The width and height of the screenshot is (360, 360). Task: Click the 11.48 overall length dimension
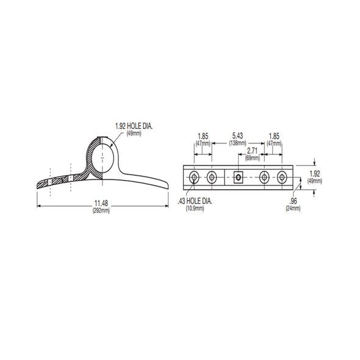point(101,203)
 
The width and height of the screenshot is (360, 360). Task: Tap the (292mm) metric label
point(101,211)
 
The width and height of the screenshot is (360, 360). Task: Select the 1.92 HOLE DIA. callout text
point(134,126)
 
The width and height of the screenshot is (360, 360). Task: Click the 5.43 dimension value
point(237,135)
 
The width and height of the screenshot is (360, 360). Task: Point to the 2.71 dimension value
point(252,151)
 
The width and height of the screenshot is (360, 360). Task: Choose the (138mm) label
point(237,143)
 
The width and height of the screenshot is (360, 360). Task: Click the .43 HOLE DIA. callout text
point(195,201)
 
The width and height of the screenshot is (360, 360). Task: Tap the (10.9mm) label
point(195,208)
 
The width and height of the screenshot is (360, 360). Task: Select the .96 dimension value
point(293,201)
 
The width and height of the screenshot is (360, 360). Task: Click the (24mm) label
point(293,208)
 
